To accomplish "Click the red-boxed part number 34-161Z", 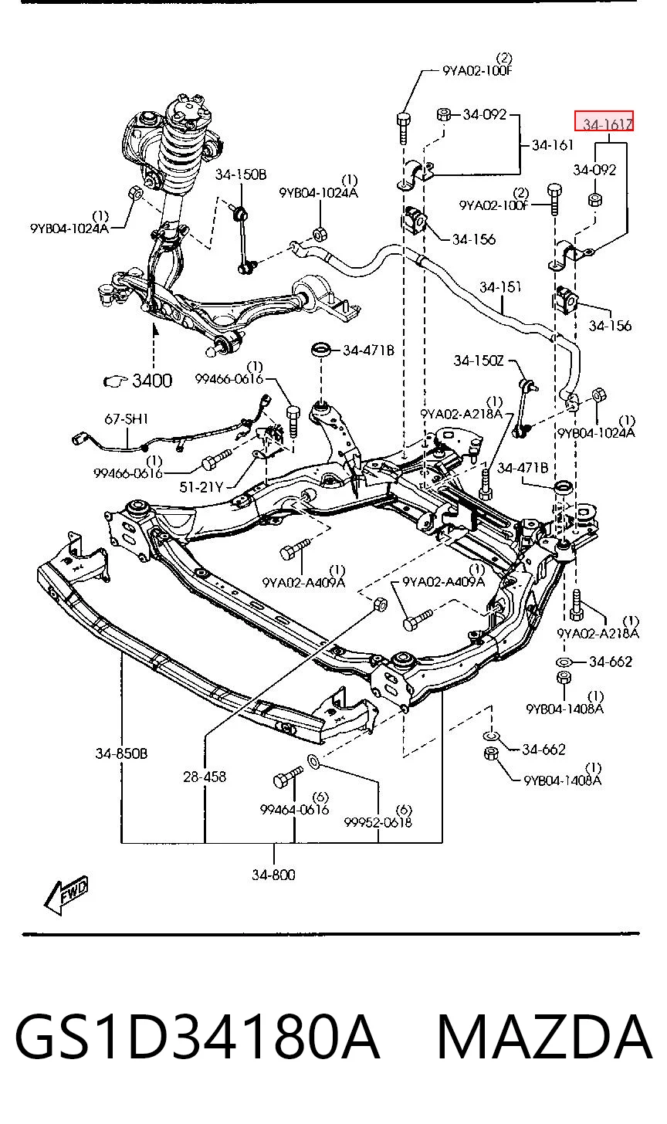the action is (x=604, y=122).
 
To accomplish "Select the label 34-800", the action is (x=273, y=875).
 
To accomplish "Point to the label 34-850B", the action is (x=121, y=753).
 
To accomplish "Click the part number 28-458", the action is (x=205, y=777).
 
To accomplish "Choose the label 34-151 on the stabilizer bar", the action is (x=500, y=287).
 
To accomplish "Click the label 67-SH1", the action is (x=126, y=418).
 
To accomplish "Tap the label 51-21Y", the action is (x=201, y=486).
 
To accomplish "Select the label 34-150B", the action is (x=241, y=174).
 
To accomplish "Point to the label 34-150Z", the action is (x=479, y=361).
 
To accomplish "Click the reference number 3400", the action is (x=152, y=381).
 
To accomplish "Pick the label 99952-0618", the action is (x=378, y=822).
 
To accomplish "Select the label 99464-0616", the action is (x=295, y=809).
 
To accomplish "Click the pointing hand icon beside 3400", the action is (x=116, y=381).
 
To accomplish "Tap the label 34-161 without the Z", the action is (x=552, y=145).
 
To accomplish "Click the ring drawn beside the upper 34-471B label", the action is (x=321, y=350).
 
